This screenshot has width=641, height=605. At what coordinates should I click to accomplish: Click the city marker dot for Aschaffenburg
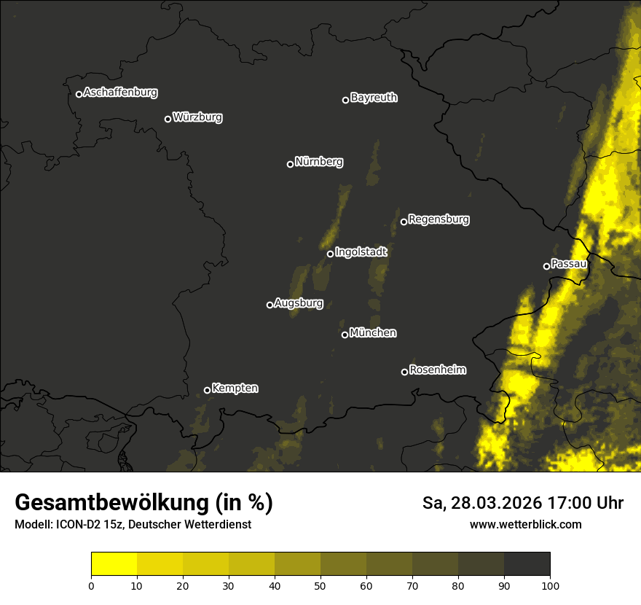(79, 94)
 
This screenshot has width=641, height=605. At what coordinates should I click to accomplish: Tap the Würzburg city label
(197, 117)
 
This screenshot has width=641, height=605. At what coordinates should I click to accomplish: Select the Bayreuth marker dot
(345, 100)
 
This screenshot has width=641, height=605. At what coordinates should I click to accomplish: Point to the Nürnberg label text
(319, 162)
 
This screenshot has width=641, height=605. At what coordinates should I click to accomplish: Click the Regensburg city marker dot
(404, 222)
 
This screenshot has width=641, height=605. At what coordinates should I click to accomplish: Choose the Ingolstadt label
(361, 252)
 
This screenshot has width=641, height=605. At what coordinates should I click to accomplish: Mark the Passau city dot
(546, 266)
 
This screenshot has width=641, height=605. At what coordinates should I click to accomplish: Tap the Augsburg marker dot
(270, 305)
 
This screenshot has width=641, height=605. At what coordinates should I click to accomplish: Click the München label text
(373, 333)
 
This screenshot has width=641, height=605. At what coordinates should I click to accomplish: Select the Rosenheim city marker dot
(404, 372)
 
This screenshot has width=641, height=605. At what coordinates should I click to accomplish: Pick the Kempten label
(235, 389)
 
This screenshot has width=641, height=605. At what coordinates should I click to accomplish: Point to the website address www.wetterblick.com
(525, 524)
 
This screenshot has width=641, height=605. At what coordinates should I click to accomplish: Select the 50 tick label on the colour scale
(320, 585)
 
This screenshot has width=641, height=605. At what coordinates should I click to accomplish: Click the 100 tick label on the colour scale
(550, 585)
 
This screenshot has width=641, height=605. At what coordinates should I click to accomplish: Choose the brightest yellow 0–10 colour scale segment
(114, 564)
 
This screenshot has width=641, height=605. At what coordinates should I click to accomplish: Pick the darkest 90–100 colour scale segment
(527, 564)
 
